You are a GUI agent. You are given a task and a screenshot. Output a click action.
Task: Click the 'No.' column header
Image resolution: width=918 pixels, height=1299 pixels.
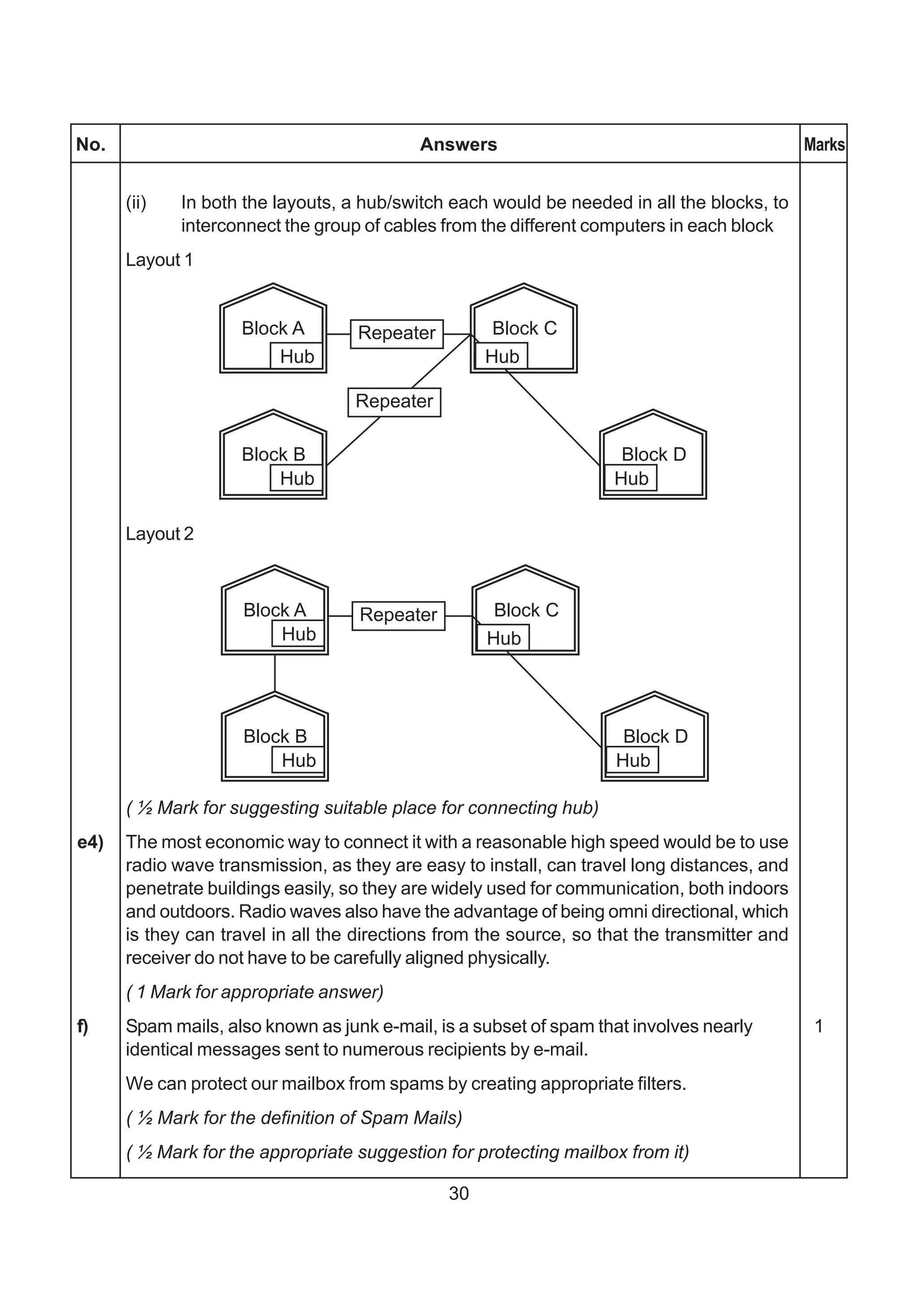tap(91, 145)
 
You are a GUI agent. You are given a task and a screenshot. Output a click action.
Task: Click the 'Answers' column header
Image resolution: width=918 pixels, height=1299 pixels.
tap(458, 145)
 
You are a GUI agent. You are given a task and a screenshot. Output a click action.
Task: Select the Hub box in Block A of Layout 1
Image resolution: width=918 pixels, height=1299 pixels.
tap(296, 356)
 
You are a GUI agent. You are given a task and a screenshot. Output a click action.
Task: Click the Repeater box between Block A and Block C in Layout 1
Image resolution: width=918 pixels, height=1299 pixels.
tap(397, 333)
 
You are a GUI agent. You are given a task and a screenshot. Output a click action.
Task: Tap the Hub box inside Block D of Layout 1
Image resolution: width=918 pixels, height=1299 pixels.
tap(631, 479)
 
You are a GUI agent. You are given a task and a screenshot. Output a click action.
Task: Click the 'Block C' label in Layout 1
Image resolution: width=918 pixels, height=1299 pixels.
tap(524, 328)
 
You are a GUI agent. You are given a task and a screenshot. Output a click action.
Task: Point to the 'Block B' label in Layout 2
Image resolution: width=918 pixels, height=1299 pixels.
tap(275, 736)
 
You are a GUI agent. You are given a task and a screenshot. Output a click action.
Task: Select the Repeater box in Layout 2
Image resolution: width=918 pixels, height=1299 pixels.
tap(398, 615)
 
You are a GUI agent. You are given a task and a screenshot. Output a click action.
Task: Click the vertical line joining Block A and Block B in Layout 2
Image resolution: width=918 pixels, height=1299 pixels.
tap(275, 673)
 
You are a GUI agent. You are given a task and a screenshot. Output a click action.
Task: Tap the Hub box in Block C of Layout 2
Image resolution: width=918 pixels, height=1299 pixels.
tap(503, 638)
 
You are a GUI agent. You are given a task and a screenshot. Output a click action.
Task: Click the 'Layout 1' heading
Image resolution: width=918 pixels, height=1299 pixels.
tap(159, 260)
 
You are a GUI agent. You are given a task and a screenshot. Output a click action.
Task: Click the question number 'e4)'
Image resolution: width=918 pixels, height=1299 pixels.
tap(91, 842)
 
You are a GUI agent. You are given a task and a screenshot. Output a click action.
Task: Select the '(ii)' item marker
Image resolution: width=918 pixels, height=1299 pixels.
tap(136, 203)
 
